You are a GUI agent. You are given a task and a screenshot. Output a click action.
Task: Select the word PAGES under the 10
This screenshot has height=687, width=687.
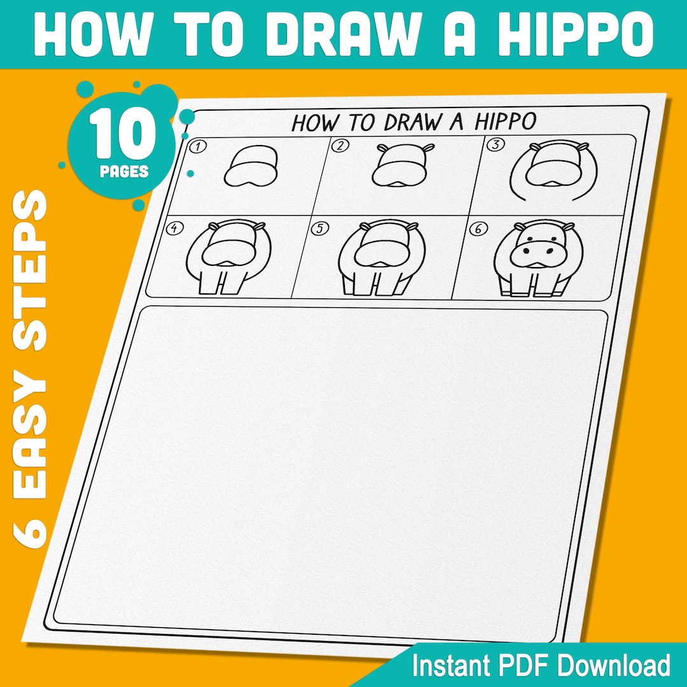[124, 172]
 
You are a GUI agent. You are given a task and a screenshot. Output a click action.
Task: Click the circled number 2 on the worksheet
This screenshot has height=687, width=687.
[342, 146]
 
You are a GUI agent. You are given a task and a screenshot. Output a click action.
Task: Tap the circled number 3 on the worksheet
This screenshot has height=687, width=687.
[494, 144]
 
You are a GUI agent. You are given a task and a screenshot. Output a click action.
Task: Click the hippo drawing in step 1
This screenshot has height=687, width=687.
[252, 167]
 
